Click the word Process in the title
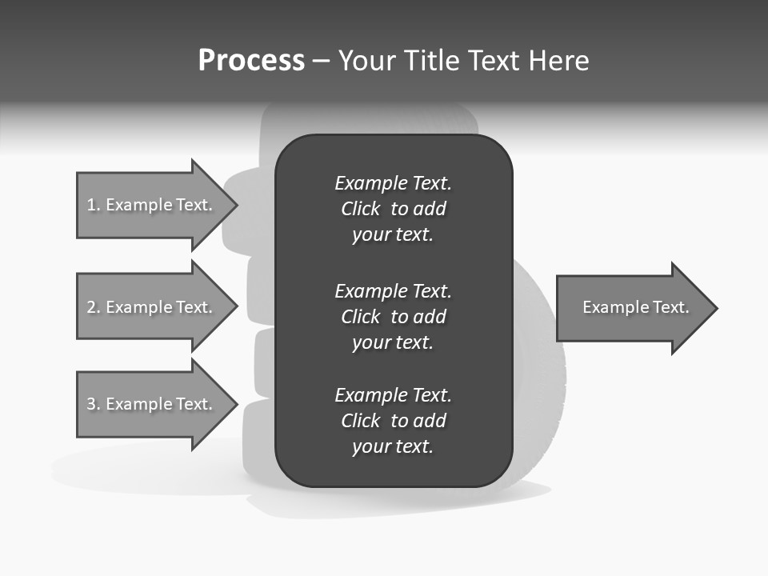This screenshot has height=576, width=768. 251,61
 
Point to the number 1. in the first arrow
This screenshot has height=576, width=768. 94,205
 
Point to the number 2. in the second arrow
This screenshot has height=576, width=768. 94,307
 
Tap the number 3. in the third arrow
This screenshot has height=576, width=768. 94,404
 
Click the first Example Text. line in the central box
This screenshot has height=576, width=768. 393,183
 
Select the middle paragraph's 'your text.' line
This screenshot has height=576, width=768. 393,342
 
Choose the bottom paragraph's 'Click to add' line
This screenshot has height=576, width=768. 393,421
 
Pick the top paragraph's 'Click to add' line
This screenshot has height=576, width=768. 393,209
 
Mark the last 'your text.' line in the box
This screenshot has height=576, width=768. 393,446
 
